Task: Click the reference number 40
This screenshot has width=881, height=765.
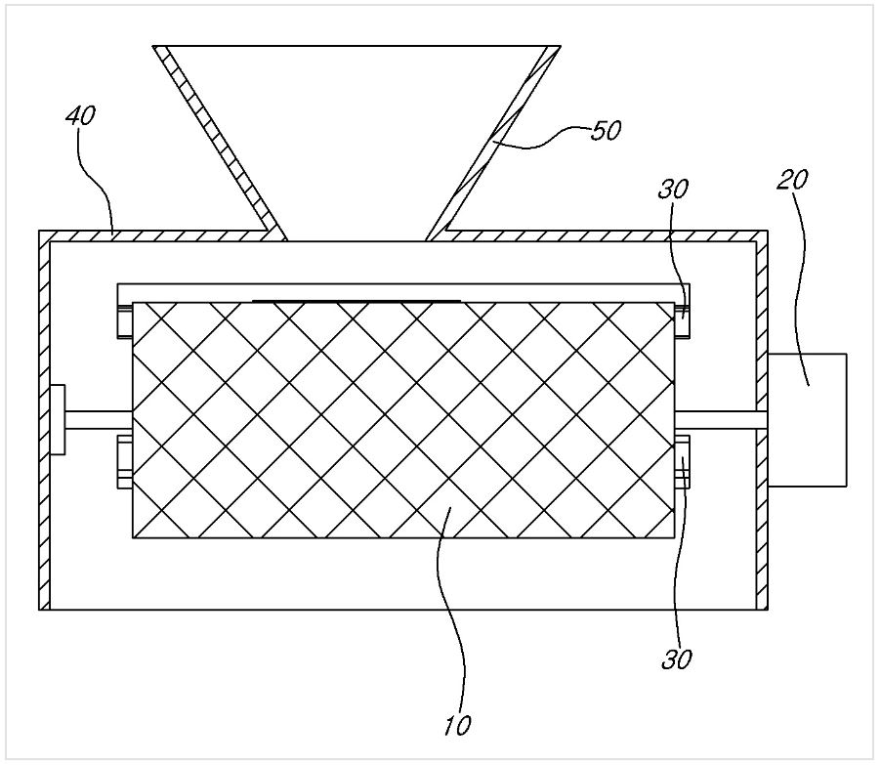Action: [x=81, y=116]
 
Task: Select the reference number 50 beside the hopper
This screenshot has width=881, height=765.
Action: [x=606, y=130]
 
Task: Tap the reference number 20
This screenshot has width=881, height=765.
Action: [x=793, y=180]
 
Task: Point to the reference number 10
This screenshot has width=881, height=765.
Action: [x=457, y=726]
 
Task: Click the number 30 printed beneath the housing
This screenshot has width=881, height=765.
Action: [x=677, y=659]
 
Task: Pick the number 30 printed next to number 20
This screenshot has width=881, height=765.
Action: [x=673, y=190]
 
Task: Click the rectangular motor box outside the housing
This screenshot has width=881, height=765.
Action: [x=808, y=420]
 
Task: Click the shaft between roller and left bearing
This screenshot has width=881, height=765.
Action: [x=99, y=420]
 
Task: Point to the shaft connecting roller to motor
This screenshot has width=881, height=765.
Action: [x=722, y=420]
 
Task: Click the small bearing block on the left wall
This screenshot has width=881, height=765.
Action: [x=58, y=420]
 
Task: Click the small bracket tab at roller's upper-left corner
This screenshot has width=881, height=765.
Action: [x=125, y=320]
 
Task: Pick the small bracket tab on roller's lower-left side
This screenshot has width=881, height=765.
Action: [x=125, y=461]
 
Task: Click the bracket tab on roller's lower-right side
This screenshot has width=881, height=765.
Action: [x=682, y=461]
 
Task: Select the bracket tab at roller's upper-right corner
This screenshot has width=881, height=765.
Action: [x=682, y=320]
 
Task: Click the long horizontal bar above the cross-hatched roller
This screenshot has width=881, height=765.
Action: [x=403, y=293]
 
